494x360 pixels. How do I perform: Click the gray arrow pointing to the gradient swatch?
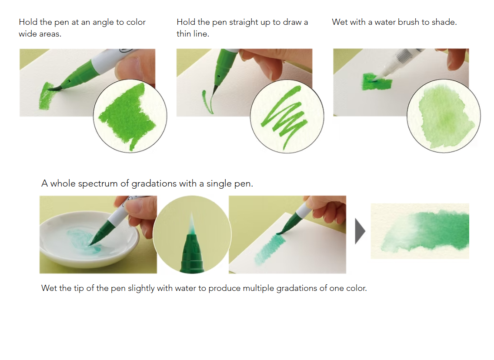tap(360, 231)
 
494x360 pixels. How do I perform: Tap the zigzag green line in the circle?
tap(284, 117)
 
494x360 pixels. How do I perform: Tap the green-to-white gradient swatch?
tap(420, 231)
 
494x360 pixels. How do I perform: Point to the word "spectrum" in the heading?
tap(98, 183)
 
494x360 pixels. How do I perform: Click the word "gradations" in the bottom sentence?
tap(297, 288)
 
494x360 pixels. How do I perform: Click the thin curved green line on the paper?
tap(207, 102)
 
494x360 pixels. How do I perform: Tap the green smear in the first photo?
tap(46, 96)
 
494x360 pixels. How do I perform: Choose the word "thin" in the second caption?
tap(184, 34)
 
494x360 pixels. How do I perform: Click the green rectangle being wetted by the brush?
tap(377, 82)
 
